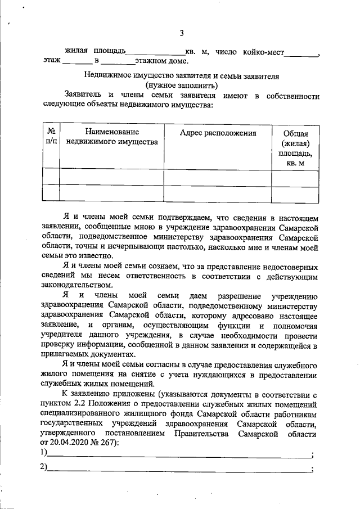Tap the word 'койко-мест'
pyautogui.click(x=263, y=52)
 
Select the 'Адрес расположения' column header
pyautogui.click(x=218, y=133)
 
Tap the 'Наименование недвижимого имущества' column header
pyautogui.click(x=111, y=138)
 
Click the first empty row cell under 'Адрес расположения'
pyautogui.click(x=218, y=177)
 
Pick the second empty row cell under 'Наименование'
pyautogui.click(x=111, y=193)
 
